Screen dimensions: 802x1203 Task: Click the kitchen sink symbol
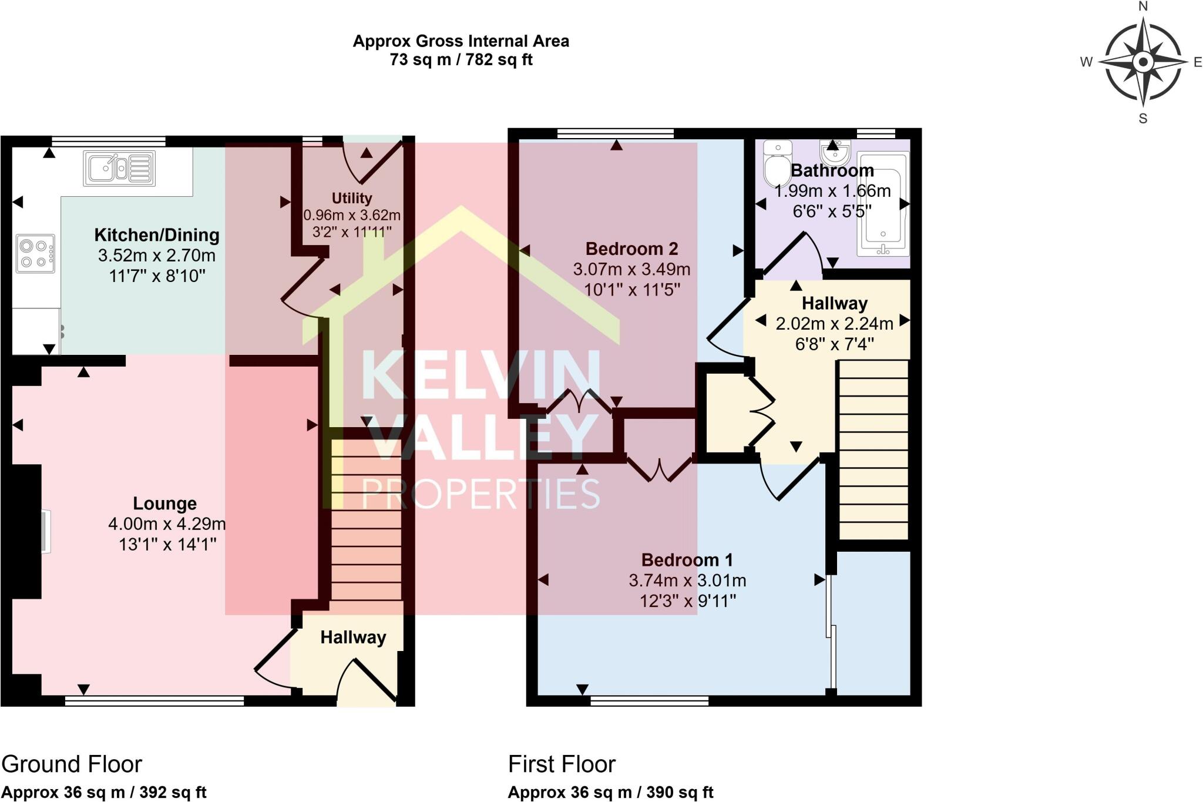click(119, 169)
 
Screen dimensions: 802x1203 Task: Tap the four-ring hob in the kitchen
click(35, 254)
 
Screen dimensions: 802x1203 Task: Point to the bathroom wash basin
click(835, 153)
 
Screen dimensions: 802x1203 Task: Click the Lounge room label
click(164, 504)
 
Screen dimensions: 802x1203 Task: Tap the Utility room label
click(351, 198)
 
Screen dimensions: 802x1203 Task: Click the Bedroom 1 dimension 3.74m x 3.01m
click(687, 580)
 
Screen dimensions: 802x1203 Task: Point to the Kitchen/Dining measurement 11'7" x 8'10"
click(157, 276)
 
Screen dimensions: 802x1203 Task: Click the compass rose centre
click(1142, 62)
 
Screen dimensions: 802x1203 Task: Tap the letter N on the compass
click(1143, 7)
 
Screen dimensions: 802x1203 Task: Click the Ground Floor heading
click(72, 764)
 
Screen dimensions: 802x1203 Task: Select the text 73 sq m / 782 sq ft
click(461, 60)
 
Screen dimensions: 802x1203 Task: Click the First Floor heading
click(562, 764)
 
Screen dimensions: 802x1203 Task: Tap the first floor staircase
click(873, 449)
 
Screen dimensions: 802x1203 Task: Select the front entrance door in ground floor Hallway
click(367, 682)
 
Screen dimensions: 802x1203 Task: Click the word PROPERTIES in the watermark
click(480, 494)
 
